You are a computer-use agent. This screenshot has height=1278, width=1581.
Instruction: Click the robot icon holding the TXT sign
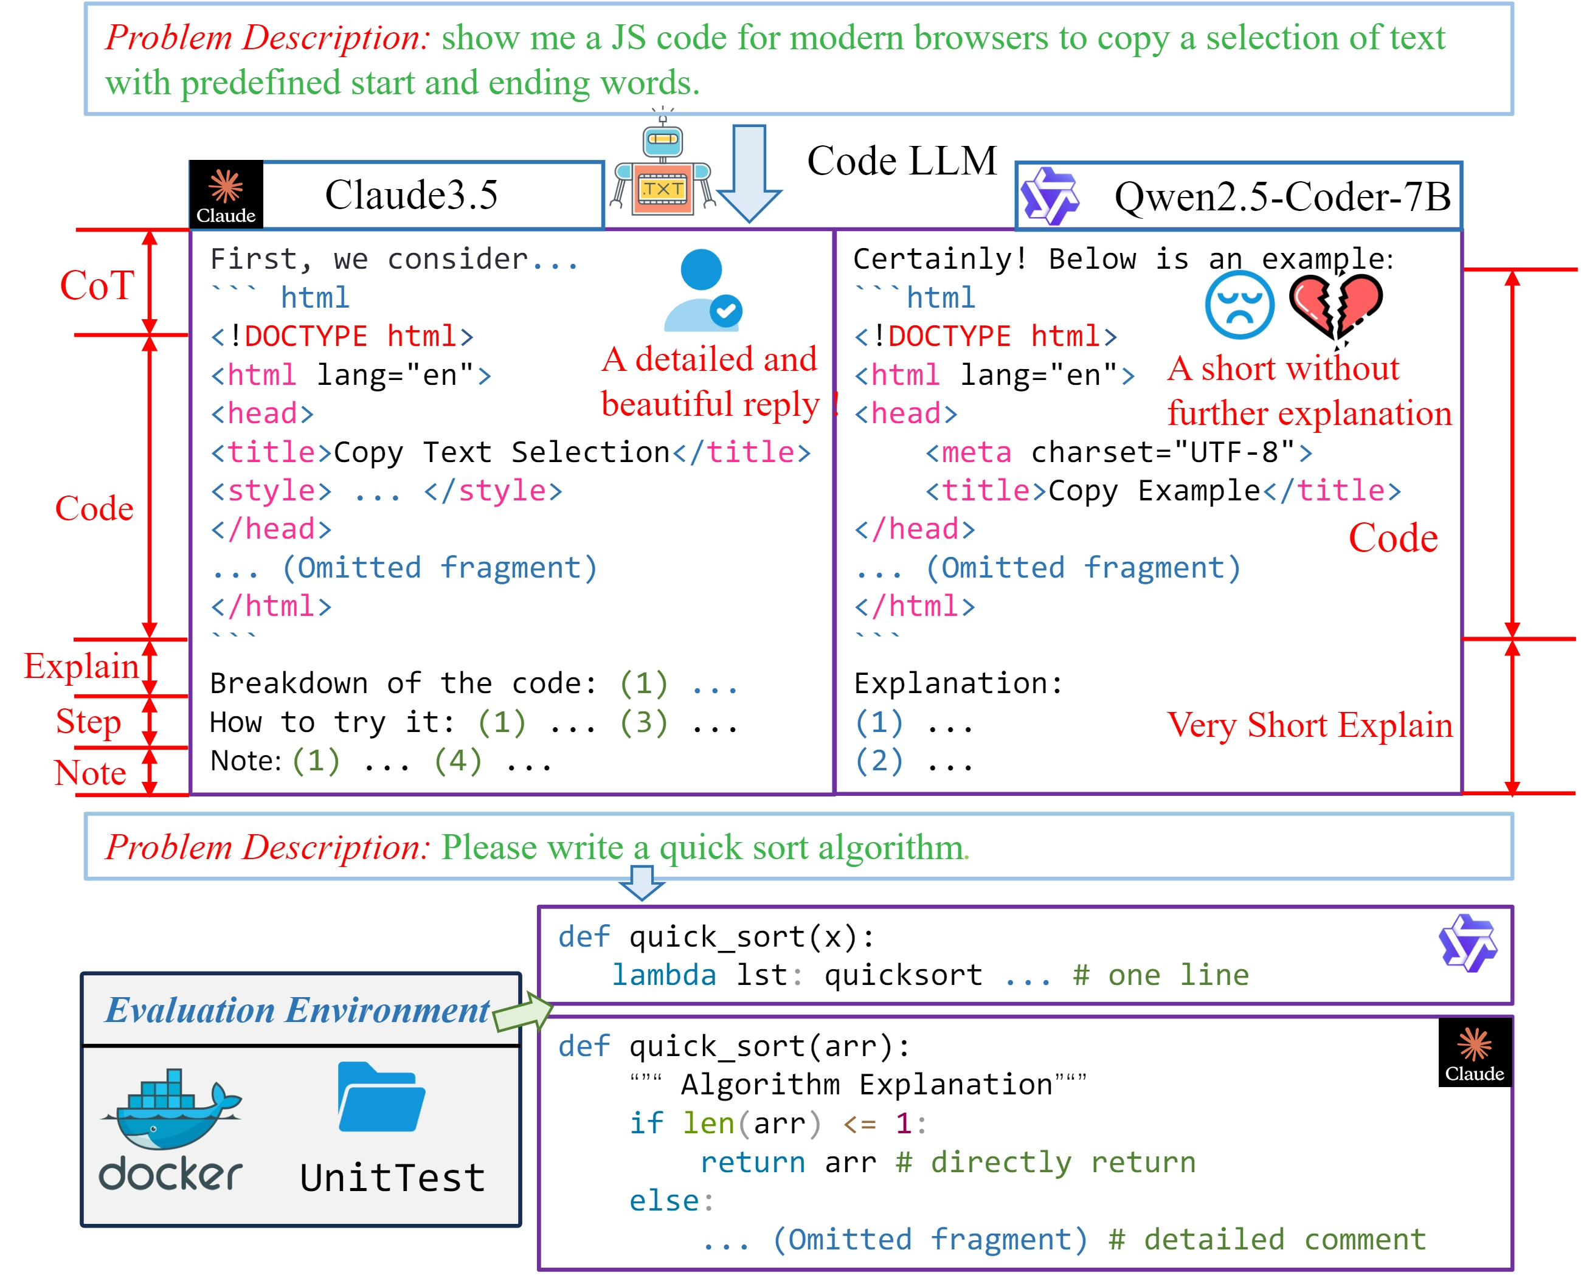point(662,168)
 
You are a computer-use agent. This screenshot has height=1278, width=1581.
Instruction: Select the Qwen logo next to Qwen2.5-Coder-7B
point(1050,196)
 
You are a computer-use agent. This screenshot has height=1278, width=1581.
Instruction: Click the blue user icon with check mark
point(702,291)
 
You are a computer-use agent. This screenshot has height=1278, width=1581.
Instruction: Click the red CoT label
point(97,286)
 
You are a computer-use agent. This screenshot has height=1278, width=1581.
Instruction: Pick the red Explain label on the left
point(81,666)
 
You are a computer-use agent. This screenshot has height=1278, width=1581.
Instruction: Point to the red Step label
point(88,722)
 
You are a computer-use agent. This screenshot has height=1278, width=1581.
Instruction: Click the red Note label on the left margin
point(91,773)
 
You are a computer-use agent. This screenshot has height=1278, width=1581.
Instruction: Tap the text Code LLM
point(901,161)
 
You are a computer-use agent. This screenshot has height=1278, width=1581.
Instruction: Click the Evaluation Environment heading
point(297,1010)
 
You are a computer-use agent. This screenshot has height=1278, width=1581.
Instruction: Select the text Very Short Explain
point(1309,725)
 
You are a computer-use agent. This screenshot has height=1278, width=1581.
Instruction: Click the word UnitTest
point(392,1178)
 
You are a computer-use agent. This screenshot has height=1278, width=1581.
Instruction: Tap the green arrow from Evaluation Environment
point(524,1012)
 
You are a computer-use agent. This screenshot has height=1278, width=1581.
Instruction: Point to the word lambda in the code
point(663,975)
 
